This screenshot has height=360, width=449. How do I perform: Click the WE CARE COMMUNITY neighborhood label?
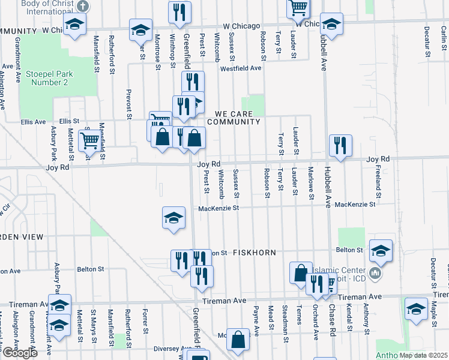(234, 117)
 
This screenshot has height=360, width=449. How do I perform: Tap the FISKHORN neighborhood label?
(254, 253)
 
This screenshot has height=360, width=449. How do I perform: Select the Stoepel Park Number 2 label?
(49, 78)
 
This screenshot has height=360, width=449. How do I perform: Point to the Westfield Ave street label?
(240, 68)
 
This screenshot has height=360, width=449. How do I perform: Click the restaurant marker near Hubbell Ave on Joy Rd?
(340, 145)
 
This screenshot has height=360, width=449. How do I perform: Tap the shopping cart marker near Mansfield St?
(89, 141)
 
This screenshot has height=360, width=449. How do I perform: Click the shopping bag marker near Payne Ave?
(238, 339)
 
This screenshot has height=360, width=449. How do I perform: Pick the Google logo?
(20, 353)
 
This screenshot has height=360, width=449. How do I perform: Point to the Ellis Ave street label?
(33, 122)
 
